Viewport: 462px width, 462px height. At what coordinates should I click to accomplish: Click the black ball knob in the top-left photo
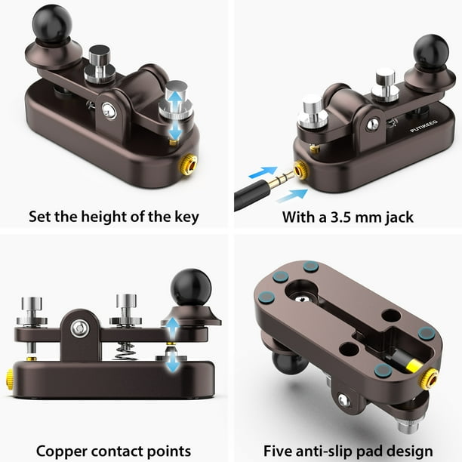tap(52, 24)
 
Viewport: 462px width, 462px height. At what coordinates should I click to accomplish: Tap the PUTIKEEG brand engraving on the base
tap(424, 126)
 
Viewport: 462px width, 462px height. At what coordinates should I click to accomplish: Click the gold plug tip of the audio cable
tap(282, 179)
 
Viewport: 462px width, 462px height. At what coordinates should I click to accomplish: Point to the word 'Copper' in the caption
tap(61, 451)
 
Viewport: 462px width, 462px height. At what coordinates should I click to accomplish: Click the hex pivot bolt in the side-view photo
tap(80, 328)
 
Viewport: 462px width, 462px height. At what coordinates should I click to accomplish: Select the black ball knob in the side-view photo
tap(191, 288)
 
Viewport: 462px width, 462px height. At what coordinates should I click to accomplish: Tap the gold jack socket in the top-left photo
tap(189, 165)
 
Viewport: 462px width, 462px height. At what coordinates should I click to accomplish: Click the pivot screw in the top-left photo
tap(109, 110)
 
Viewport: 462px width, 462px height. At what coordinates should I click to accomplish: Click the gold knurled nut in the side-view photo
tap(9, 380)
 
